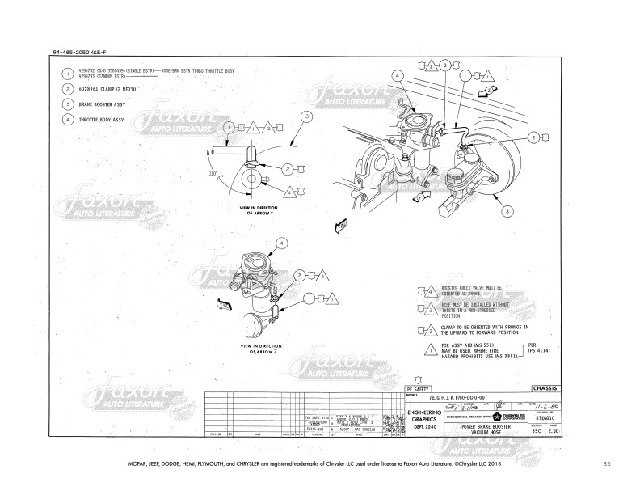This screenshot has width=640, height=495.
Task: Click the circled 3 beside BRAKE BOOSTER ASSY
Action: [67, 104]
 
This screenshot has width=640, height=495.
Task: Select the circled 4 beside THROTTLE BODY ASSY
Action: [67, 119]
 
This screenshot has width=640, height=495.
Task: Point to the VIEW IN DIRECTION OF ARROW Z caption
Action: [257, 349]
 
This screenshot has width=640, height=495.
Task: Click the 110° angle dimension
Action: [213, 174]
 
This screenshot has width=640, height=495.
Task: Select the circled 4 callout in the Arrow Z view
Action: [281, 242]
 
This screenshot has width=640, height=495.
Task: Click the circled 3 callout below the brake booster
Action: [506, 211]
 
